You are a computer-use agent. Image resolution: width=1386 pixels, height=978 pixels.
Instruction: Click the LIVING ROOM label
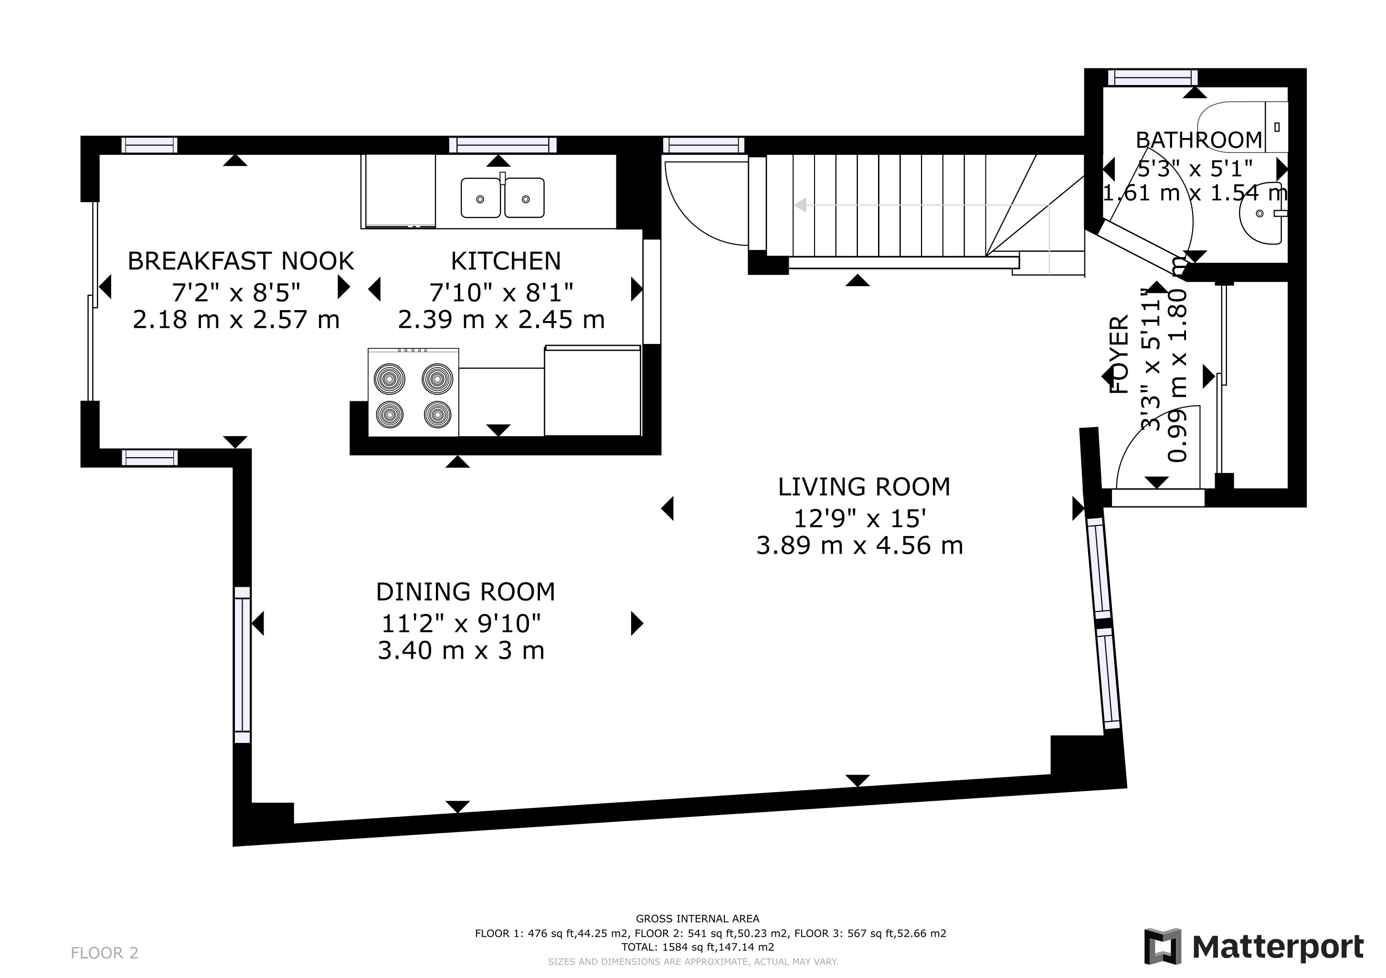click(864, 487)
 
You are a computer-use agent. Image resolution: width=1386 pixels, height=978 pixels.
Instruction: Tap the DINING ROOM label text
click(466, 592)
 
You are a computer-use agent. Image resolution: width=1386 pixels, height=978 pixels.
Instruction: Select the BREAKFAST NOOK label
click(240, 261)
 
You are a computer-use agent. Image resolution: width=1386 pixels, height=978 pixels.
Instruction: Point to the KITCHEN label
click(506, 261)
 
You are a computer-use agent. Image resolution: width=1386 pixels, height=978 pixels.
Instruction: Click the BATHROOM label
click(1199, 140)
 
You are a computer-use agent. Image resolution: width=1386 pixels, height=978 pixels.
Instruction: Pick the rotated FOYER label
click(1120, 355)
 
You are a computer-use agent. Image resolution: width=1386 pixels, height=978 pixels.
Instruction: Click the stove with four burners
click(413, 392)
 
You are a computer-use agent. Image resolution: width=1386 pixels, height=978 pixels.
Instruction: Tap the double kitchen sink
click(502, 197)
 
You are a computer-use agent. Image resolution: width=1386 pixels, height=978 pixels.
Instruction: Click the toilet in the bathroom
click(1244, 127)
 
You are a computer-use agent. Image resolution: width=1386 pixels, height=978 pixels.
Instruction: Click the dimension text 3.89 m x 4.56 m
click(859, 546)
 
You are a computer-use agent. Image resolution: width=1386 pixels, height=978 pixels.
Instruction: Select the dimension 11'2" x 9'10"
click(461, 623)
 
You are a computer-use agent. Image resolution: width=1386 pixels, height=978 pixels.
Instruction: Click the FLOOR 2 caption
click(105, 953)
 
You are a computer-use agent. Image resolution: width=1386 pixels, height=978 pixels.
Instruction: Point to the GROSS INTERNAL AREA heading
click(698, 919)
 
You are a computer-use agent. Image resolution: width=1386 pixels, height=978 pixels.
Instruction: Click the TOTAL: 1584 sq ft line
click(698, 947)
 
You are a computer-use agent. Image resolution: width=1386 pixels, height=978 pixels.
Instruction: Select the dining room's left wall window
click(242, 665)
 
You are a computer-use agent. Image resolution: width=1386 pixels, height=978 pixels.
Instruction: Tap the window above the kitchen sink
click(503, 145)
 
